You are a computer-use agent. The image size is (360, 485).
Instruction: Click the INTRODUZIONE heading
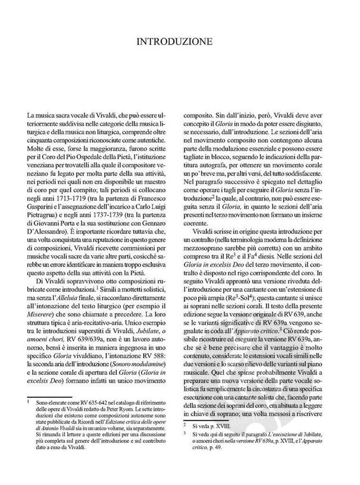point(180,41)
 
